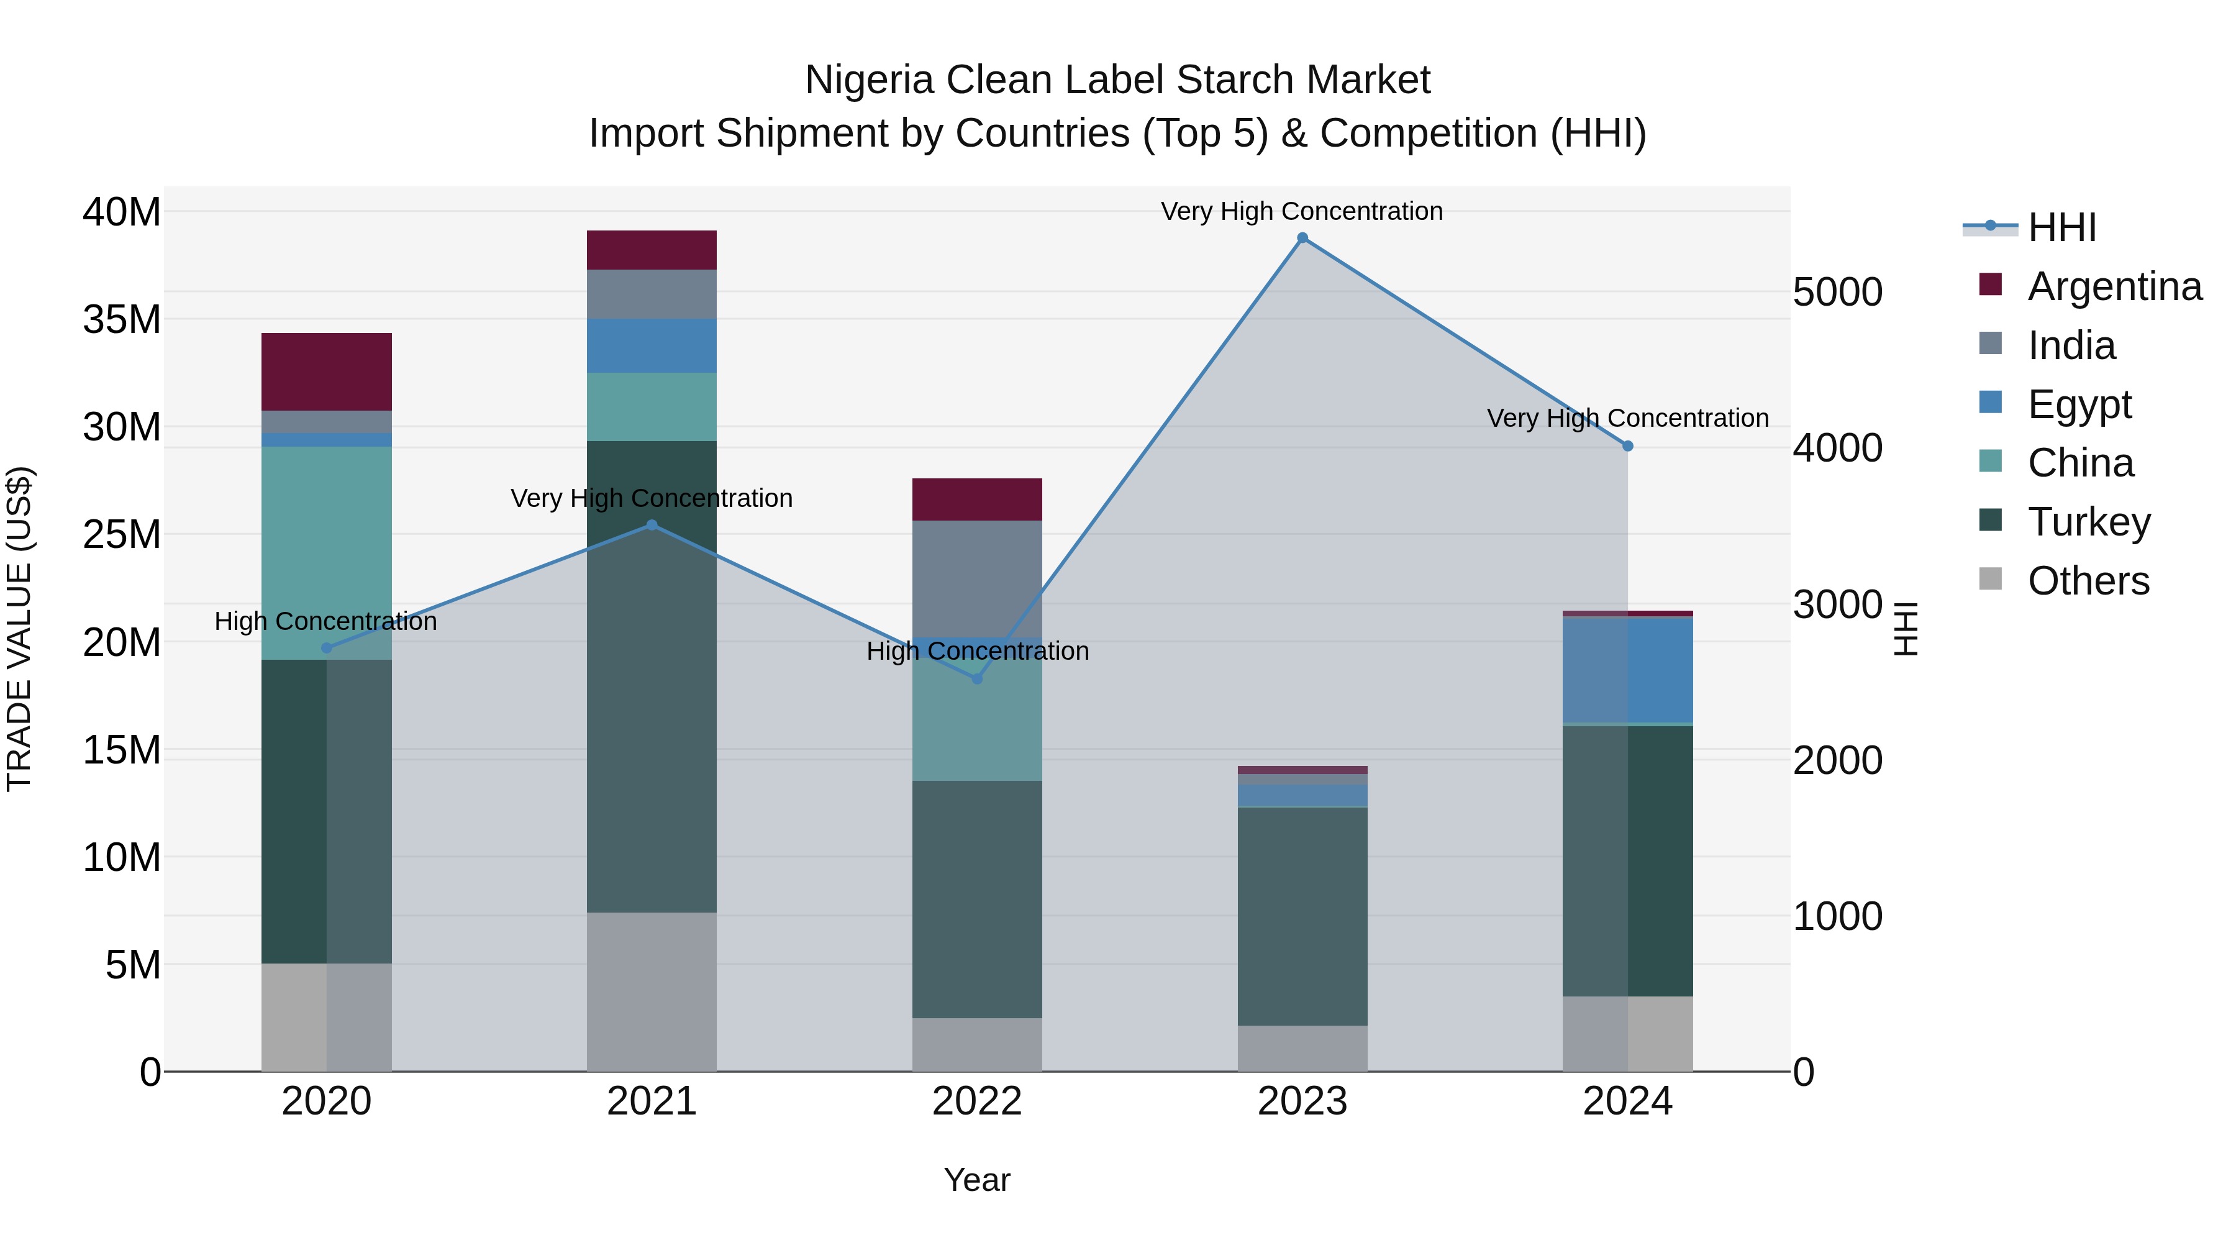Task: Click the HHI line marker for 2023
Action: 1302,238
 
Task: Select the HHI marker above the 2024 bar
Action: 1627,446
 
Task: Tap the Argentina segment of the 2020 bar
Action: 326,371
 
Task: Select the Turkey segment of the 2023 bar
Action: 1302,916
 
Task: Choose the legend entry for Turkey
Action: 2088,522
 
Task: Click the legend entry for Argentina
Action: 2114,286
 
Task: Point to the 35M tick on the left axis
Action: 122,319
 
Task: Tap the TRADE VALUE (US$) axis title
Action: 19,629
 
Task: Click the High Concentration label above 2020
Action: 325,622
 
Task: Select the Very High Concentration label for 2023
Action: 1301,211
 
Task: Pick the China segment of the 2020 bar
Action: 326,553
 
